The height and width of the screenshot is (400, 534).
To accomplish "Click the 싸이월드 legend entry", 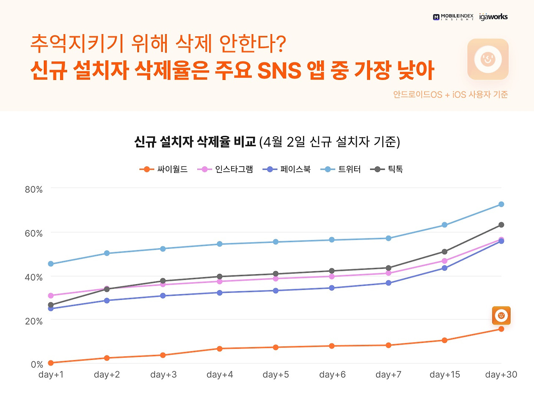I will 164,169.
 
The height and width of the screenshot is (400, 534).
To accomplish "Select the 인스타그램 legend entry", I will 225,169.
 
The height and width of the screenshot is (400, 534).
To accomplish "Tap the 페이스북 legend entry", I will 287,169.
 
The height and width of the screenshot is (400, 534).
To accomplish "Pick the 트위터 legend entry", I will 340,169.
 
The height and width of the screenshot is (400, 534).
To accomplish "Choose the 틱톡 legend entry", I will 387,169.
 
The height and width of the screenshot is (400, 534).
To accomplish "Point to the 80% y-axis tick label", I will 34,190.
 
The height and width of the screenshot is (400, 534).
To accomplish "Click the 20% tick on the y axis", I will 34,321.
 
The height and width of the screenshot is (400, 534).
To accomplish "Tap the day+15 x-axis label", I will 445,375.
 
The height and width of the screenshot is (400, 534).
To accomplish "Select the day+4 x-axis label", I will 219,375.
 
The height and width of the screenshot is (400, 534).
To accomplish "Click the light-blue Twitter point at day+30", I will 501,204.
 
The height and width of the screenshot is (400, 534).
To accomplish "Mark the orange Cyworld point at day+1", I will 51,363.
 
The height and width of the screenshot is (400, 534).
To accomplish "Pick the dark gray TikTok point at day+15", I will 444,252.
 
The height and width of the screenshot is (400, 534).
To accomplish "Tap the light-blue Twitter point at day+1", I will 51,264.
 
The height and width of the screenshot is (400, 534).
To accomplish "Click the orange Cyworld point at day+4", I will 219,348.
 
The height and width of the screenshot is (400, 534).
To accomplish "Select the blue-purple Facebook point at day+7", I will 388,283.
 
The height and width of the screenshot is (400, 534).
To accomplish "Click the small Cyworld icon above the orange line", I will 501,315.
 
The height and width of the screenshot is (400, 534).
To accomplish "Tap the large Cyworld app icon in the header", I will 488,59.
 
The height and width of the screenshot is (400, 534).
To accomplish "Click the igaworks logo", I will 494,17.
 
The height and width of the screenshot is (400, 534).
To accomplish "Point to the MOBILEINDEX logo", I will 453,17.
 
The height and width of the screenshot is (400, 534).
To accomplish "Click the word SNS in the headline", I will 279,70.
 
